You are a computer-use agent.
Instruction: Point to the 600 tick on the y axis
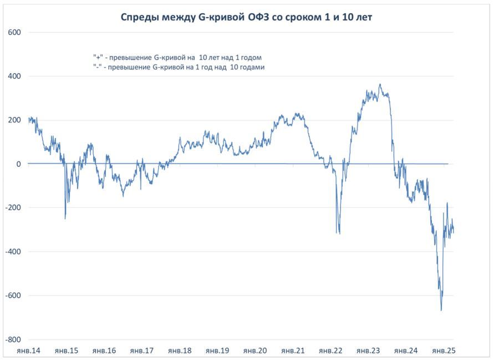click(x=14, y=32)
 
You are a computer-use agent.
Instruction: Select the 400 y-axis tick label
click(x=14, y=76)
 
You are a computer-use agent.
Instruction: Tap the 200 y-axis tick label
click(x=14, y=120)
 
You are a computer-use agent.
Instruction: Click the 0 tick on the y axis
click(x=18, y=164)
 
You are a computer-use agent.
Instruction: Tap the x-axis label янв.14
click(x=28, y=351)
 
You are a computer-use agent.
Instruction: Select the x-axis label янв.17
click(x=141, y=351)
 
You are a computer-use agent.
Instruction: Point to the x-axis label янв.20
click(x=254, y=351)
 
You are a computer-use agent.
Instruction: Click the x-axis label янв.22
click(x=330, y=351)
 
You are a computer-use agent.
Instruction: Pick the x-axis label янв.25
click(x=443, y=351)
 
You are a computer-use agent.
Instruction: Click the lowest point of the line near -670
click(x=441, y=311)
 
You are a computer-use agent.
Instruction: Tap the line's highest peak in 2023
click(x=380, y=84)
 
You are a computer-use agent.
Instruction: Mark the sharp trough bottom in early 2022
click(x=339, y=234)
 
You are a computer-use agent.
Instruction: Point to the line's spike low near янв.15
click(x=65, y=219)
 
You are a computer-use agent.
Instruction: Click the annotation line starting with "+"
click(x=177, y=57)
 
